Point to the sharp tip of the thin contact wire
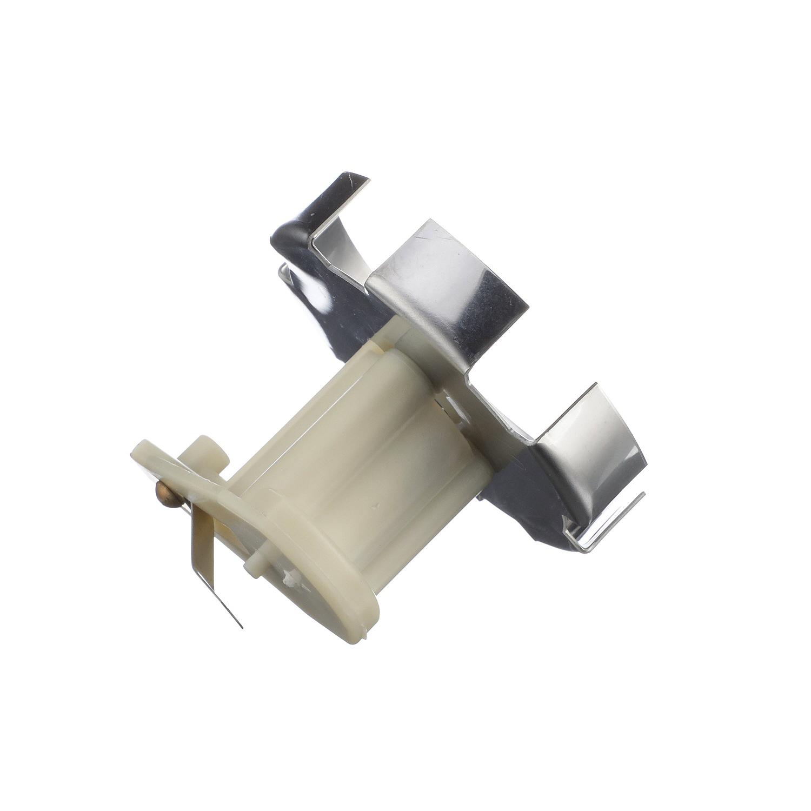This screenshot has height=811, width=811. pyautogui.click(x=242, y=628)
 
